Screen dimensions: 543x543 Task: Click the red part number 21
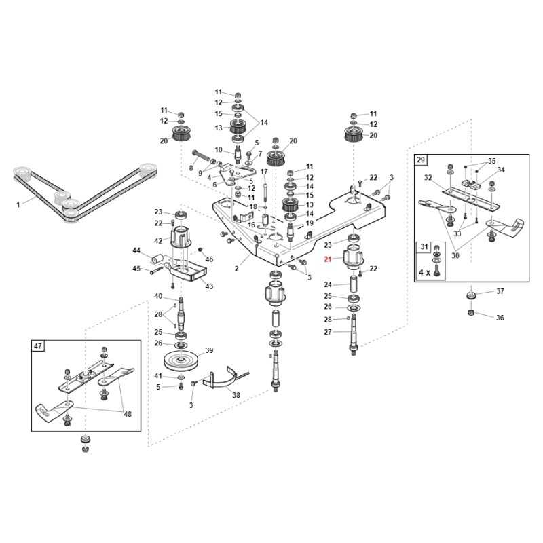327,259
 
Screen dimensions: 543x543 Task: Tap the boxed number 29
421,160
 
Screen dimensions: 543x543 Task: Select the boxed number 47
37,345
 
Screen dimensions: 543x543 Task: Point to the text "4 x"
425,271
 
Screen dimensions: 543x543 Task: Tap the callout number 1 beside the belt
18,203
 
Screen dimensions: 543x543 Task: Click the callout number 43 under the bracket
209,286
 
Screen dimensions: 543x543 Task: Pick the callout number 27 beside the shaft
328,332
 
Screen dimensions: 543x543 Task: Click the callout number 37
500,291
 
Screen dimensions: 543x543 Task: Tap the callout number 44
136,250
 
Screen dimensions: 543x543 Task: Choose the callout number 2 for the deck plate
237,268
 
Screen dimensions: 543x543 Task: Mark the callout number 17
264,171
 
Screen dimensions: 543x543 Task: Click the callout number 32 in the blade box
428,177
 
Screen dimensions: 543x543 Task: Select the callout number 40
158,296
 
